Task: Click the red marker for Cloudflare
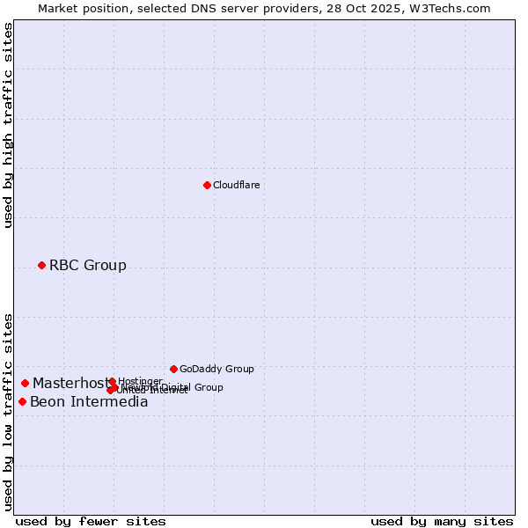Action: coord(207,185)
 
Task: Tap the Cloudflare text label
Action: coord(236,186)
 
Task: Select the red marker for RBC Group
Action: coord(41,265)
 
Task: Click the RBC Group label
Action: coord(87,266)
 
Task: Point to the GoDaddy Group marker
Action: coord(173,369)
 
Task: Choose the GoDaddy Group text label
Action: coord(216,370)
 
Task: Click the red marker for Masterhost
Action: coord(26,383)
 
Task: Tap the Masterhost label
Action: coord(70,384)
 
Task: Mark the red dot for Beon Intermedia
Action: coord(22,401)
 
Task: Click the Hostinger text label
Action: coord(140,381)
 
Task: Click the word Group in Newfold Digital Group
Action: coord(209,387)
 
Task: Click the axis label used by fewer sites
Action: coord(91,521)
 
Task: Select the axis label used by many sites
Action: coord(442,521)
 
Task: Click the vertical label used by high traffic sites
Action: coord(8,125)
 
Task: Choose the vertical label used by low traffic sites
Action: coord(8,411)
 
